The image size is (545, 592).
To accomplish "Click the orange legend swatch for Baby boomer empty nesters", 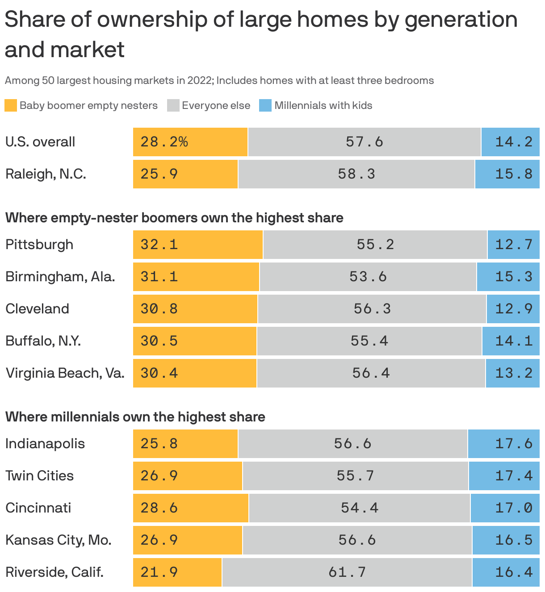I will (11, 105).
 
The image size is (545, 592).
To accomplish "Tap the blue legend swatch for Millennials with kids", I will (265, 105).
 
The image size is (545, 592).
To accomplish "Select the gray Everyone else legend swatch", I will (173, 105).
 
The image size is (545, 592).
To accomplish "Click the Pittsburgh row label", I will (39, 245).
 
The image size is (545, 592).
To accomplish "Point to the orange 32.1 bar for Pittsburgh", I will (198, 245).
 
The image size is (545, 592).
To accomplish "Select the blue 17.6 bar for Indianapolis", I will (503, 443).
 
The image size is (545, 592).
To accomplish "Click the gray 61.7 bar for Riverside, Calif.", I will (347, 572).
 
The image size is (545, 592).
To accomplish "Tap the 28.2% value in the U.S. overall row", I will (164, 142).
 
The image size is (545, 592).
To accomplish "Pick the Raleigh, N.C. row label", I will (46, 174).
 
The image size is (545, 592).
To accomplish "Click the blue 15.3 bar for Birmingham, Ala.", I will (508, 277).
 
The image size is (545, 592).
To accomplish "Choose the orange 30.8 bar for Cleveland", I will (195, 309).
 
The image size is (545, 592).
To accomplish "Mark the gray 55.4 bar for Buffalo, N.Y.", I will (369, 341).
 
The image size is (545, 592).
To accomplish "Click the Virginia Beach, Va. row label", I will (65, 373).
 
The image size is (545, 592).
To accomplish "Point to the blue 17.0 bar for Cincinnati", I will (505, 508).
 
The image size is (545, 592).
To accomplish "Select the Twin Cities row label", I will (39, 475).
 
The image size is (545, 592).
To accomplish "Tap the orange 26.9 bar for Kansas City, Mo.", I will (188, 540).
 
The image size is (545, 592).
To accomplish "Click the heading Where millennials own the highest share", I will (135, 417).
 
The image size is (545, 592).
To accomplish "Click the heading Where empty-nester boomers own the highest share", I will (174, 218).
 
